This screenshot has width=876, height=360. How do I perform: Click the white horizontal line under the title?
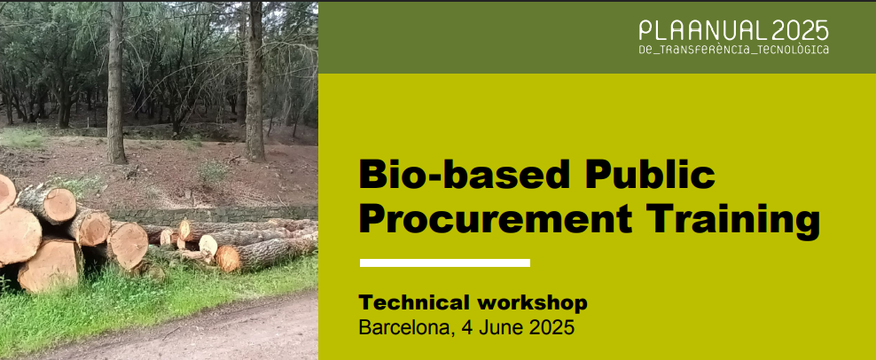[445, 262]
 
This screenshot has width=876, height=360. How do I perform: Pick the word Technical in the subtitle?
[415, 302]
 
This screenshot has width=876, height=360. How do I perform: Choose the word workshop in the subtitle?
[532, 303]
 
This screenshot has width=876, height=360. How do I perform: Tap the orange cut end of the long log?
[227, 259]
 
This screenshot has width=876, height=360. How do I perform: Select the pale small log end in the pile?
[208, 245]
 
